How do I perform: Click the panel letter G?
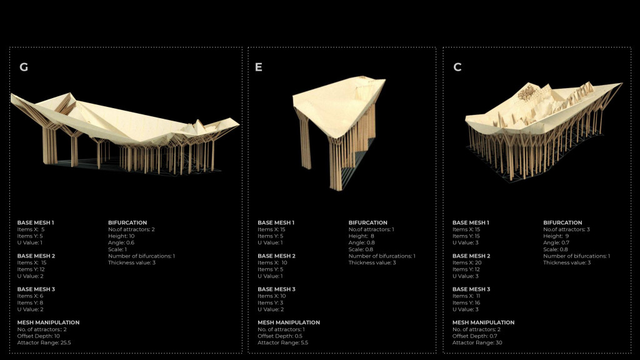pos(24,67)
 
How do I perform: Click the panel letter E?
pos(259,67)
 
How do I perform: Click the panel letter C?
pos(457,67)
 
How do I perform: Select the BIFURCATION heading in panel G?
pos(127,222)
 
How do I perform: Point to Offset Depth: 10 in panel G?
pos(39,336)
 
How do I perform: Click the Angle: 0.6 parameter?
pos(121,242)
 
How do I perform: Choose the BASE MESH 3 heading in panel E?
pos(276,289)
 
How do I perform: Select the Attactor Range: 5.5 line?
pos(282,342)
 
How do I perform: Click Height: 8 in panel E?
pos(362,236)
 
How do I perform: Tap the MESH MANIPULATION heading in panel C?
pos(483,322)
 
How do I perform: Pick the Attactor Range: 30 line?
pos(477,342)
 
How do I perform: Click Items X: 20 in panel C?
pos(467,262)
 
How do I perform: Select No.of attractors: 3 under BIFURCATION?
pos(566,229)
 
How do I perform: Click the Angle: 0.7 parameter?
pos(556,242)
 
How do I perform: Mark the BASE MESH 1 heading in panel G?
pos(36,222)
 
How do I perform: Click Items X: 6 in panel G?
pos(29,296)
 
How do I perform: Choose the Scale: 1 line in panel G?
pos(117,249)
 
